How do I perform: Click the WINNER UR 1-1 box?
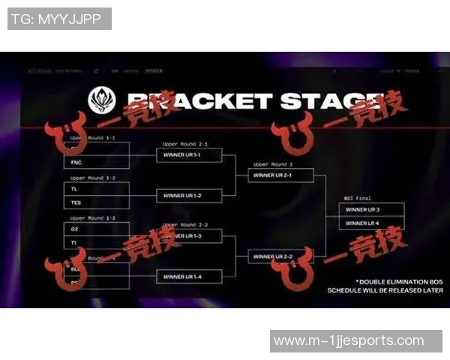point(189,155)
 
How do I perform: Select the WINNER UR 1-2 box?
point(189,196)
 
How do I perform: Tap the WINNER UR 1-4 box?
point(189,276)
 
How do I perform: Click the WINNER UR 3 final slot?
point(371,209)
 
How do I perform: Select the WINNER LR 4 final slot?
point(371,223)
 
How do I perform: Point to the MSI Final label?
point(358,198)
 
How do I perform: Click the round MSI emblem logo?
point(101,100)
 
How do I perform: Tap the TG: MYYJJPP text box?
point(59,19)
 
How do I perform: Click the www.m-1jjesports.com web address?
point(349,341)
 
